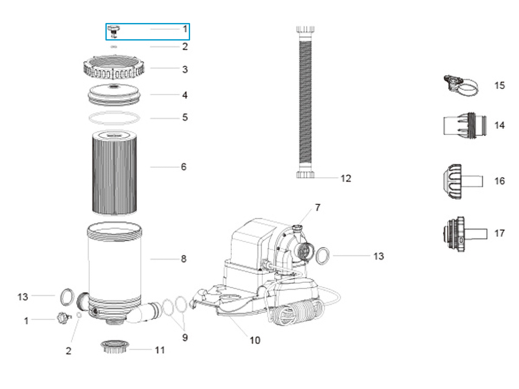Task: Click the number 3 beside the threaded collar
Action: coord(185,69)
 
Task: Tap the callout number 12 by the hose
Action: coord(346,178)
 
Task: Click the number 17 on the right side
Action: coord(499,233)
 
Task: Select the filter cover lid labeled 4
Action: coord(114,95)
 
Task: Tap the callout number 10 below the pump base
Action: coord(255,340)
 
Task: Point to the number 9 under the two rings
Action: coord(185,337)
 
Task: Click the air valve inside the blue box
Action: coord(114,30)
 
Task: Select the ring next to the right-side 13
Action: coord(322,256)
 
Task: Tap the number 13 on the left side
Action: coord(23,297)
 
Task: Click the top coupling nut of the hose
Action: coord(305,30)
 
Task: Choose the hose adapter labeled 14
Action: coord(465,126)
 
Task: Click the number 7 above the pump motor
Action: coord(318,207)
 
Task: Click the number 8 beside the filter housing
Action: coord(184,259)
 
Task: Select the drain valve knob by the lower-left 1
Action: coord(64,318)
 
